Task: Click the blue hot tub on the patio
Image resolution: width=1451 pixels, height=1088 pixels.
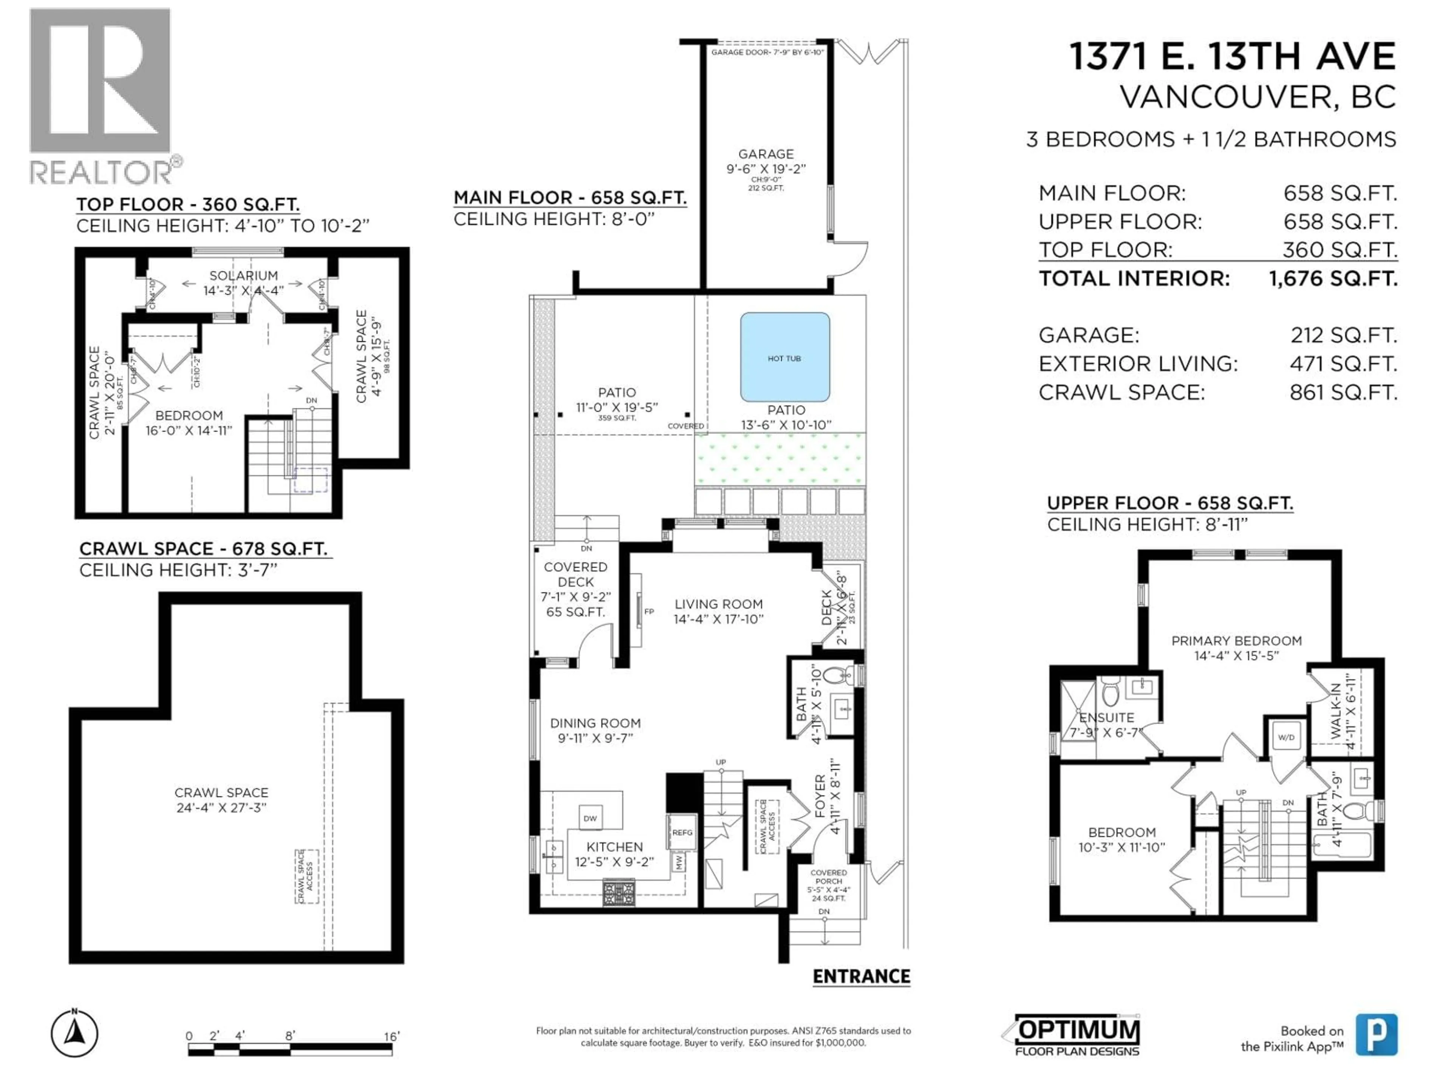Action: [x=784, y=357]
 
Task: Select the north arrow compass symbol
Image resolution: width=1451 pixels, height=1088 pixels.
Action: [x=75, y=1034]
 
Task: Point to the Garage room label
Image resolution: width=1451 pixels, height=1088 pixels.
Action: [x=766, y=154]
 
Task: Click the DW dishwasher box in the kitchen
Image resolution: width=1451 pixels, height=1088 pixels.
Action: [x=590, y=818]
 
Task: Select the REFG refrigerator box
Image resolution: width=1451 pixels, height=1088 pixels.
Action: [x=682, y=832]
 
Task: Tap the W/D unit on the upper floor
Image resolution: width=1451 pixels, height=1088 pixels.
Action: [x=1286, y=737]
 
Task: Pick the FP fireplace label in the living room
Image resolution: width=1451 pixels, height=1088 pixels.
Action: [x=649, y=611]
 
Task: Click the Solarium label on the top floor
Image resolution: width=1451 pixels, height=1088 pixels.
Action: [x=243, y=275]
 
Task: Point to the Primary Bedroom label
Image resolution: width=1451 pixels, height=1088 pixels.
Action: [x=1236, y=641]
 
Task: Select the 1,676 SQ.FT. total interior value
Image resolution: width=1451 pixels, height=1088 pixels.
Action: [x=1332, y=279]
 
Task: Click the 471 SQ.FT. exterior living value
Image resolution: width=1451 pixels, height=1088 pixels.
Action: [x=1343, y=363]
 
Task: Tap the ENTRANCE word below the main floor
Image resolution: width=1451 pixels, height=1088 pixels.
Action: [x=861, y=977]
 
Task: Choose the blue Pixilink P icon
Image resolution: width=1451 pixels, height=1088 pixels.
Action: [x=1376, y=1034]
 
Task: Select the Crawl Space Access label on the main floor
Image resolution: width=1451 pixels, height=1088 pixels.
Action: [x=767, y=826]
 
